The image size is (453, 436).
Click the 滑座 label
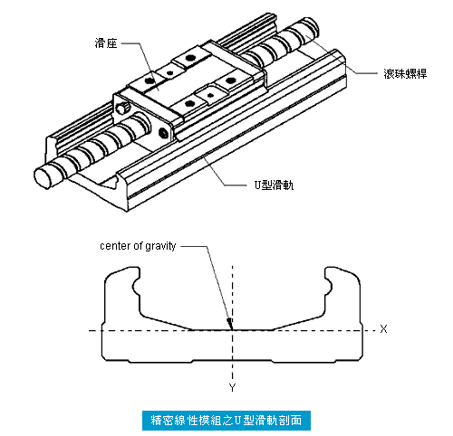click(106, 43)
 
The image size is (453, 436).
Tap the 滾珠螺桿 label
click(405, 73)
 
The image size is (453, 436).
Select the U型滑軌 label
click(274, 185)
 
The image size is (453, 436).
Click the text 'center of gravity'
click(138, 246)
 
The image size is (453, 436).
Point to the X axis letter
click(383, 328)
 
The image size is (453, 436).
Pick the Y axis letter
click(232, 387)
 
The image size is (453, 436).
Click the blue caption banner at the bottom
click(226, 421)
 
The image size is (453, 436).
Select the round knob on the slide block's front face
click(123, 108)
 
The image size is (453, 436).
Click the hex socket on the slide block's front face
click(163, 133)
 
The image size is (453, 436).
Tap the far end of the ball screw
click(311, 25)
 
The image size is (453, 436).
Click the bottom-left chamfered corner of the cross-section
click(104, 357)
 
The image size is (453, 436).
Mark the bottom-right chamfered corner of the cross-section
click(360, 357)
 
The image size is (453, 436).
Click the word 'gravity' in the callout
click(160, 247)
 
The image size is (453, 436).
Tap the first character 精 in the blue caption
click(157, 421)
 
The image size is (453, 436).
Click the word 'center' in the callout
click(115, 246)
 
